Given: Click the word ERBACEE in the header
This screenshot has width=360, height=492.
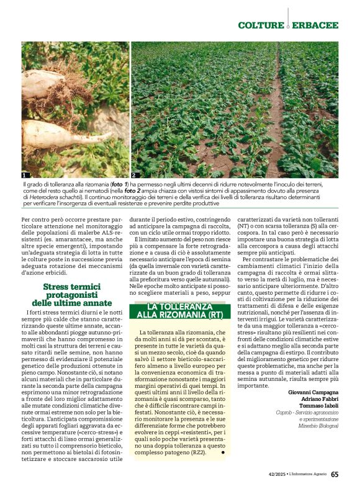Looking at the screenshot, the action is click(316, 25).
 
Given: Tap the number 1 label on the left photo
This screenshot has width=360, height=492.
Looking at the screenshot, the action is click(25, 176).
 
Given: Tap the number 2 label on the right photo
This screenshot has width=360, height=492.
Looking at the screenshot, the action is click(133, 176).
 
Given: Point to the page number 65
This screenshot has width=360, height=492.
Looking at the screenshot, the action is click(335, 475).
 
